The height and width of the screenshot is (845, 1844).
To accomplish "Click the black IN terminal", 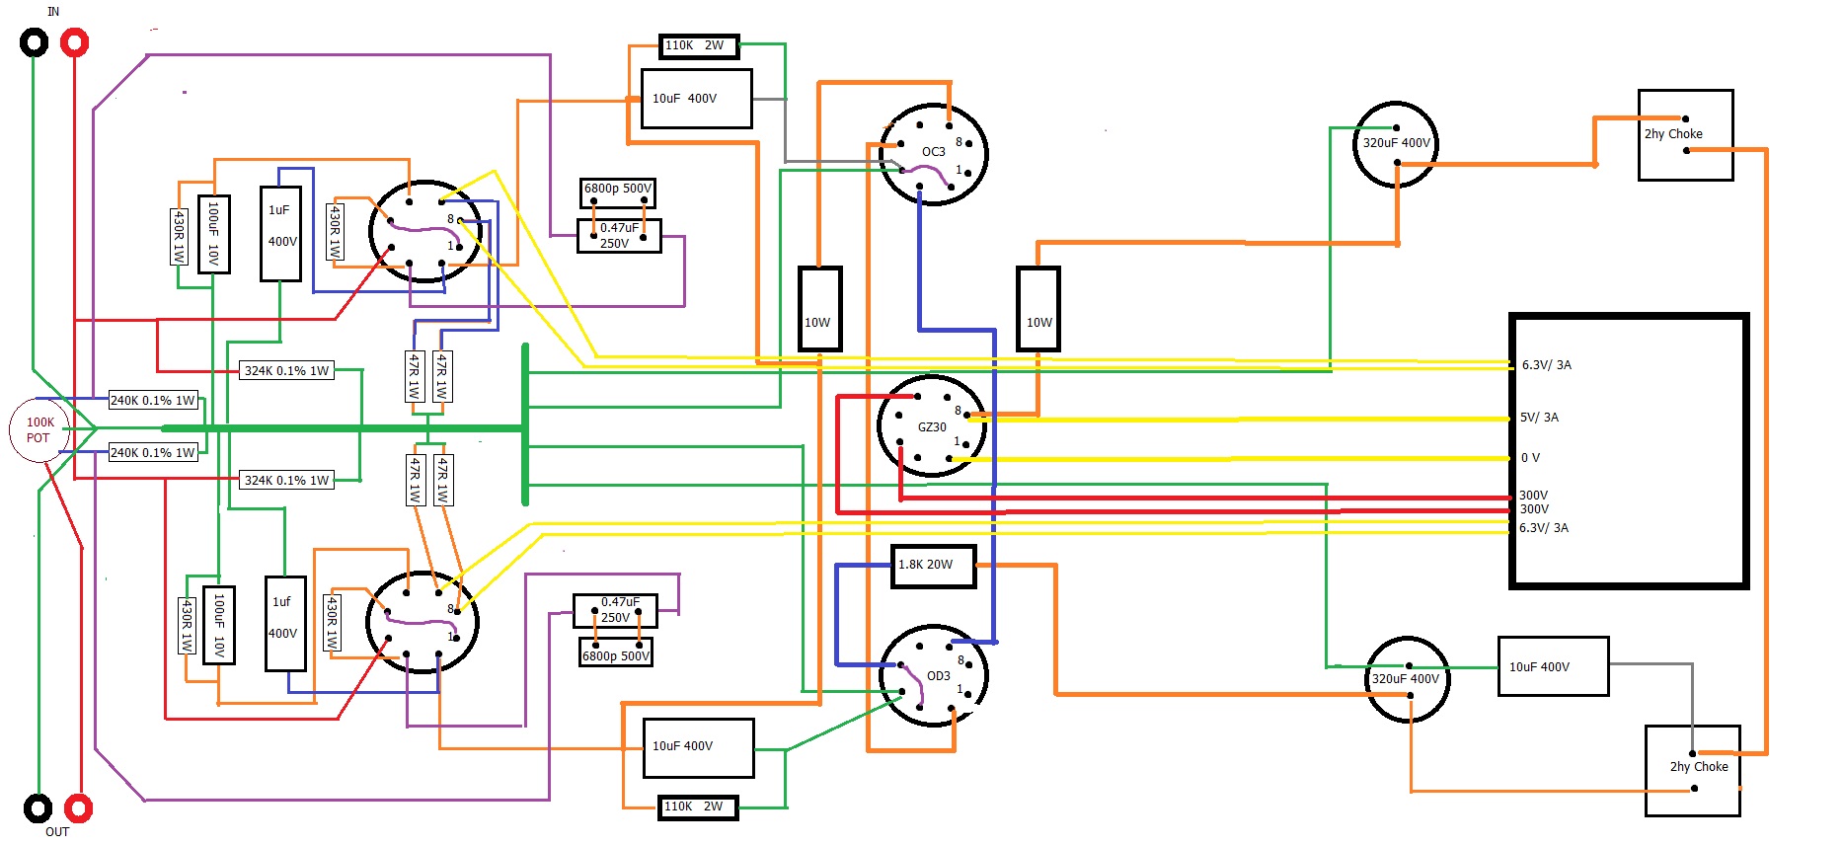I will (34, 42).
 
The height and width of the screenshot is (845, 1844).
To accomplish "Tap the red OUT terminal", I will (78, 808).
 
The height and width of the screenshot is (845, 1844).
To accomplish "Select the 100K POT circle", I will (39, 430).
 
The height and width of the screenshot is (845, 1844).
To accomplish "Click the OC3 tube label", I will (933, 152).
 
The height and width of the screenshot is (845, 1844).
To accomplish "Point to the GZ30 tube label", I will (932, 427).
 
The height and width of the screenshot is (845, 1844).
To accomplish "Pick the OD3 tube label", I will (938, 676).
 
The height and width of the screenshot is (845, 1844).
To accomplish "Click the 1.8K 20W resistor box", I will (933, 566).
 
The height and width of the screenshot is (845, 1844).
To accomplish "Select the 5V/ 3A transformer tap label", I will (1539, 418).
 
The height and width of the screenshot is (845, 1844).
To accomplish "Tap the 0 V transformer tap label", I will (1530, 458).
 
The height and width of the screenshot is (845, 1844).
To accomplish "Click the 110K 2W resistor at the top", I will (698, 46).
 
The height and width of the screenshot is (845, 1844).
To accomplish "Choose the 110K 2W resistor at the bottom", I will (698, 807).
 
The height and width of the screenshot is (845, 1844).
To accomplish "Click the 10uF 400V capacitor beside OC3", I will (696, 99).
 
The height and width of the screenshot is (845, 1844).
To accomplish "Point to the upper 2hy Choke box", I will (1685, 135).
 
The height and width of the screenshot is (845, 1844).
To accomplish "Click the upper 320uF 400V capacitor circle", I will (1396, 144).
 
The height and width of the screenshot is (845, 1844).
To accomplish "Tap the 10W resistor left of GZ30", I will (819, 309).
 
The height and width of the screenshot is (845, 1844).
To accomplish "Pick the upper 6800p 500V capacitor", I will (618, 190).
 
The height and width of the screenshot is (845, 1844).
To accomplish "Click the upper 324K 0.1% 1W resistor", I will (286, 371).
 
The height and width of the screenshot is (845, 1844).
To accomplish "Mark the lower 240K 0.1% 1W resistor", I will (153, 453).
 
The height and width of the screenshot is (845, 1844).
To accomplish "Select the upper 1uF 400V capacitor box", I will (280, 233).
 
